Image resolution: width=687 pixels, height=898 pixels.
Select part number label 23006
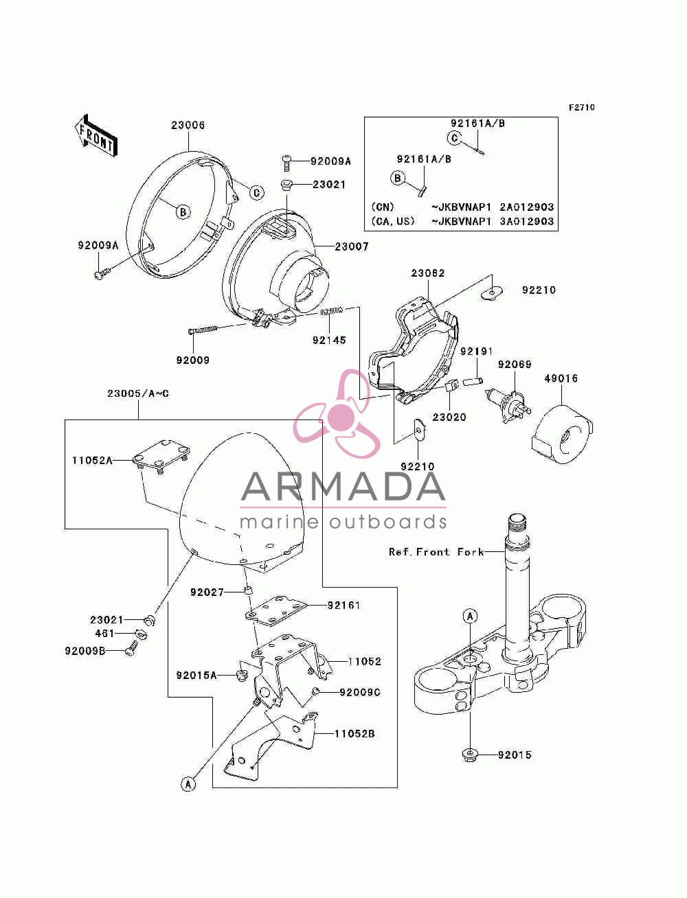click(188, 125)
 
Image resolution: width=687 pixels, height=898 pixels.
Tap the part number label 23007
click(352, 246)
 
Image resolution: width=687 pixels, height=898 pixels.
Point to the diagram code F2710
click(581, 107)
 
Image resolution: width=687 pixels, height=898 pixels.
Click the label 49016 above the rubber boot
click(561, 378)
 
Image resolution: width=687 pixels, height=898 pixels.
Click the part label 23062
click(428, 273)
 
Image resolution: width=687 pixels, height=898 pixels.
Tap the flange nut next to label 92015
click(470, 753)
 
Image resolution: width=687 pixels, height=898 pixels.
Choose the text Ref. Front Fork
click(436, 552)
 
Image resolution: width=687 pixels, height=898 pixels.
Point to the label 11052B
click(354, 733)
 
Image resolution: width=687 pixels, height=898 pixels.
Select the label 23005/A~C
click(138, 393)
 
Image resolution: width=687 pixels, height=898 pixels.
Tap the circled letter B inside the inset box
click(397, 179)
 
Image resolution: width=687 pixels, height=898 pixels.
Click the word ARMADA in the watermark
click(343, 487)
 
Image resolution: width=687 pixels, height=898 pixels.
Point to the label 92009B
click(85, 650)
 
